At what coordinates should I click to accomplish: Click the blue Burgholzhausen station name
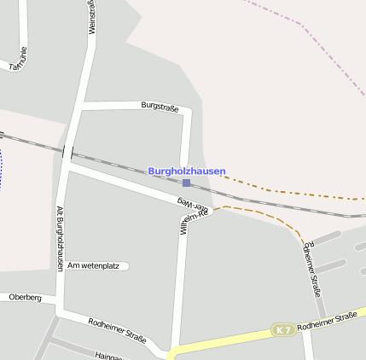coord(187,171)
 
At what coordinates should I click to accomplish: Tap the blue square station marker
coord(186,183)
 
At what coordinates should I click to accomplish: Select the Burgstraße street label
coord(160,107)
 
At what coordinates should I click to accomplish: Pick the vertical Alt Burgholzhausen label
coord(60,238)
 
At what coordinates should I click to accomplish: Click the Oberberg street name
coord(25,298)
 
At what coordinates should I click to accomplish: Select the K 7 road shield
coord(283,329)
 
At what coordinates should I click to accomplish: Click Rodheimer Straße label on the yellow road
coord(328,321)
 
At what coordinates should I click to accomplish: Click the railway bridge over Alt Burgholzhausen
coord(67,153)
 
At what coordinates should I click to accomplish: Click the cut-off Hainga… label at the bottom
coord(108,355)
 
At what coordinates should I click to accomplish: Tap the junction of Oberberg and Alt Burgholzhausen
coord(60,299)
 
